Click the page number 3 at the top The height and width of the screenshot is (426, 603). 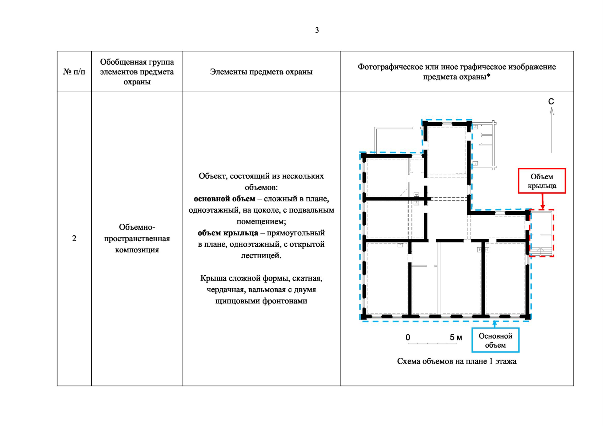[317, 30]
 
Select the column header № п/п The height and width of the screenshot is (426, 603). [74, 72]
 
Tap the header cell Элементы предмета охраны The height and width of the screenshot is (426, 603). [261, 72]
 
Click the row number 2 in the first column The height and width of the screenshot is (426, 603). [74, 238]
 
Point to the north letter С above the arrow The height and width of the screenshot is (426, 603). [551, 102]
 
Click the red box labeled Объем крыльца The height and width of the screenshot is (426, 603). [542, 181]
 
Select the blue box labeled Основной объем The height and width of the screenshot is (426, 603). [495, 340]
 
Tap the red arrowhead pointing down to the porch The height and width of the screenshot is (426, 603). [543, 207]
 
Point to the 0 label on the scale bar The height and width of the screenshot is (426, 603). [408, 337]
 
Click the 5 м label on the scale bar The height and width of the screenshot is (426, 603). [456, 337]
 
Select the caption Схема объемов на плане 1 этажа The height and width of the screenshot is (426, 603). [457, 361]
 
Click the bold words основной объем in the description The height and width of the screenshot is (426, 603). [225, 199]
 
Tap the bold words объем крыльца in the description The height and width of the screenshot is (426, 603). [228, 233]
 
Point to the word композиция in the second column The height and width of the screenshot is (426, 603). [137, 250]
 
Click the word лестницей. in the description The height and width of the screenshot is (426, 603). [261, 256]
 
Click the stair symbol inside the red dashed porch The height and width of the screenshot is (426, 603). [540, 251]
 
